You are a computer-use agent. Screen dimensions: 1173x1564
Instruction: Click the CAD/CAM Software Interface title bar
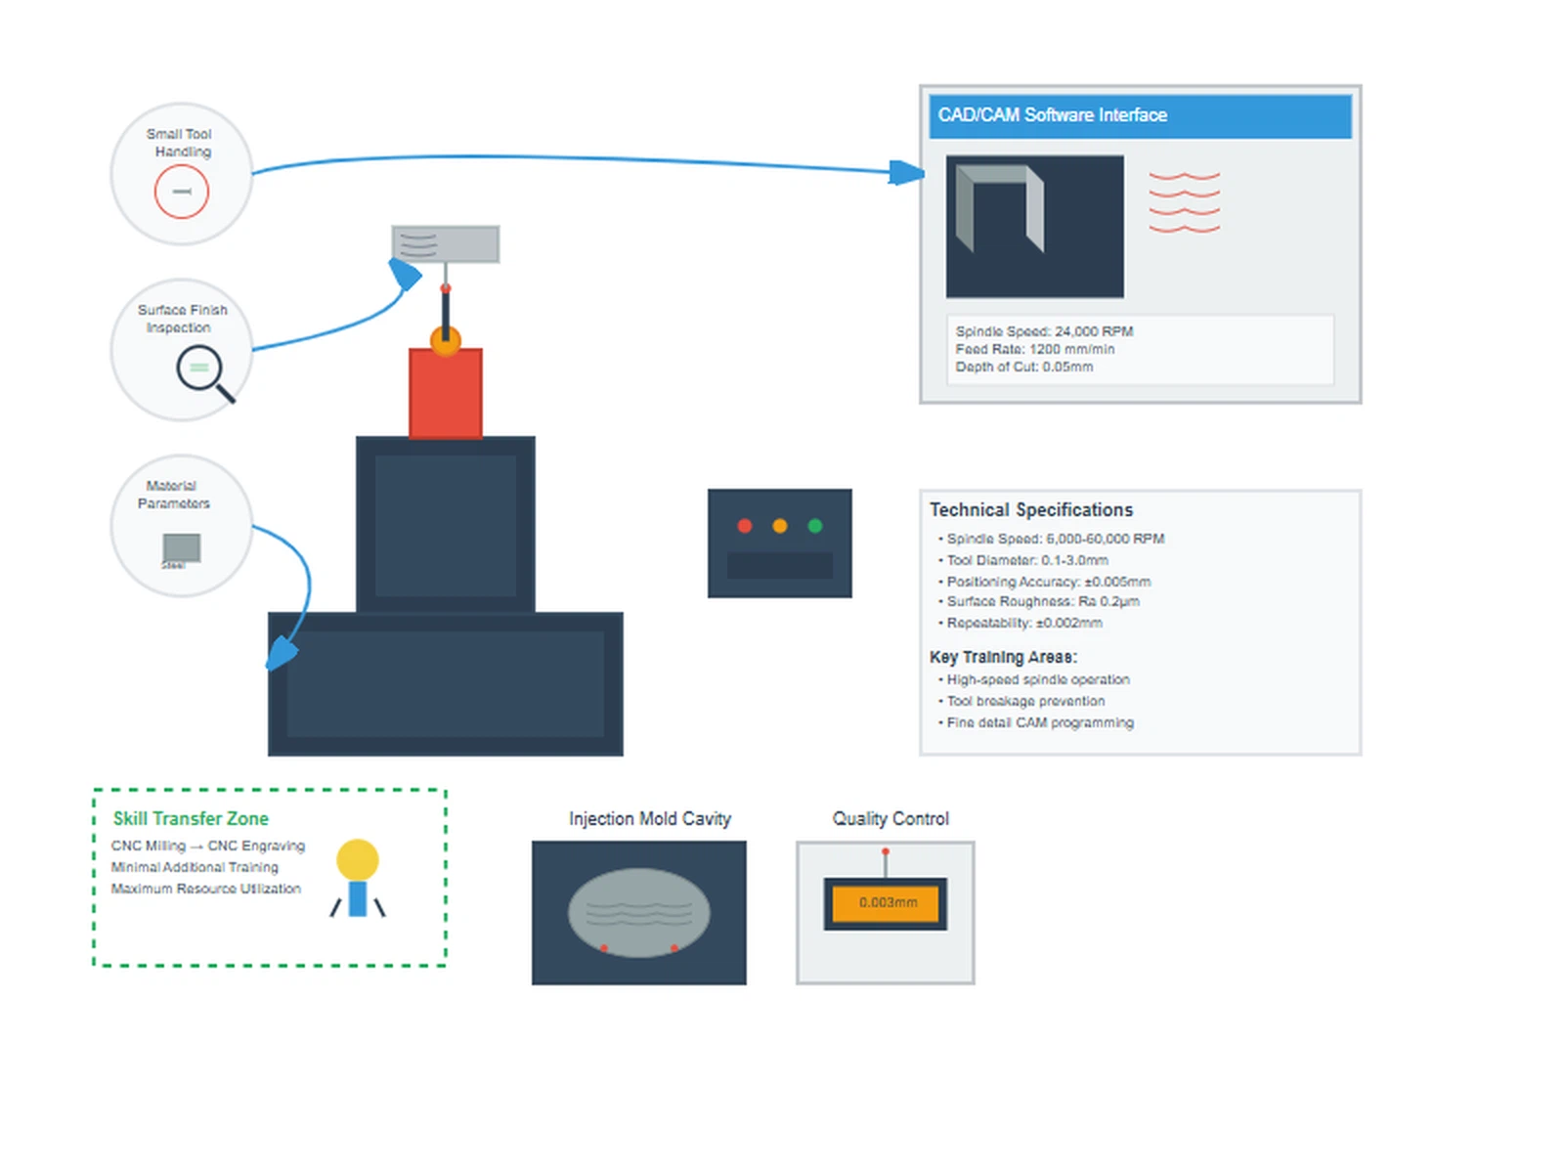1139,115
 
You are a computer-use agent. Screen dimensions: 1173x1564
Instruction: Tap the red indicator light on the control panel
745,526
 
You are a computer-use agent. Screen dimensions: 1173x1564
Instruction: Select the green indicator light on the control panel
815,526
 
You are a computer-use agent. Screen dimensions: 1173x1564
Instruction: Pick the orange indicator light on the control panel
780,526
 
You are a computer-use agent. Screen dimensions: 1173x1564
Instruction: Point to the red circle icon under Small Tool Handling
182,192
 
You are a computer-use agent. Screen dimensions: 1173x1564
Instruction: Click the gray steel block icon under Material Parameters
182,548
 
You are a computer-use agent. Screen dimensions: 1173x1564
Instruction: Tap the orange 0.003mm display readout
887,903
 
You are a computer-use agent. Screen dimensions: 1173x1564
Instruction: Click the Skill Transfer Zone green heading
191,819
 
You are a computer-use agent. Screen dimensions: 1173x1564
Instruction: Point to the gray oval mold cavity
639,912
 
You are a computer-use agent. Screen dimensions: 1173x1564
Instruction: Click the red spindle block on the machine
446,394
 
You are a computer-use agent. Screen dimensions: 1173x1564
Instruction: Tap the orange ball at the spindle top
446,341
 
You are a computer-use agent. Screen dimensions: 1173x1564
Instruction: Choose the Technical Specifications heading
1031,510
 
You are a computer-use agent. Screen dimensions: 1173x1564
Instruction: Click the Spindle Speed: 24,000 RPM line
1044,331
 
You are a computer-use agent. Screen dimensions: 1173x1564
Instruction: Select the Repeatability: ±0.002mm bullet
1023,623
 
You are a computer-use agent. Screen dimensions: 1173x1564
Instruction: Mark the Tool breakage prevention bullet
1025,701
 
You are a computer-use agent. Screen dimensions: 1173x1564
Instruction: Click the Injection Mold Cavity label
650,819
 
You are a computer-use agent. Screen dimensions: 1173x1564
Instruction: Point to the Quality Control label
891,819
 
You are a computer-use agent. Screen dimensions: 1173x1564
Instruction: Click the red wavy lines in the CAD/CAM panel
1184,202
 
